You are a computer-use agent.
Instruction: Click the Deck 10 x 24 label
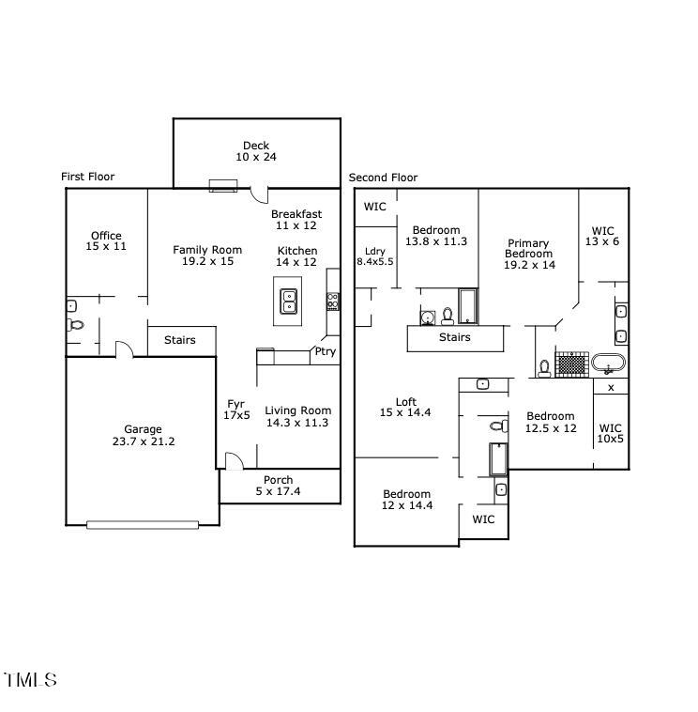[256, 151]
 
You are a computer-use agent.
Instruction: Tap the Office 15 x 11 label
[106, 240]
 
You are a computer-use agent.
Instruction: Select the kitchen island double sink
[289, 301]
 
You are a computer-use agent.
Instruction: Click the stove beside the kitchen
[333, 302]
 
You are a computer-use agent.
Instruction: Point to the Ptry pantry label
[325, 352]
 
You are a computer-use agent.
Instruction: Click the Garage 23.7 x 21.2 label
[143, 435]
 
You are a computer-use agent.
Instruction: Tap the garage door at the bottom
[143, 524]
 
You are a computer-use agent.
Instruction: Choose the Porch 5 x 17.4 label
[278, 486]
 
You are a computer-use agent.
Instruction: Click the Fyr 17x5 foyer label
[236, 410]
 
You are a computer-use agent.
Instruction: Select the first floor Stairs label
[180, 340]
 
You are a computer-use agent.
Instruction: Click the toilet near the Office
[76, 325]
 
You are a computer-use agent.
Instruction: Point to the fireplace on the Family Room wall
[223, 185]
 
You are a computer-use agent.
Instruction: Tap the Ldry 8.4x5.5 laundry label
[375, 255]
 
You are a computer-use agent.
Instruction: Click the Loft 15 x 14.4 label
[405, 407]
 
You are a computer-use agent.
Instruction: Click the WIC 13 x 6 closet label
[603, 236]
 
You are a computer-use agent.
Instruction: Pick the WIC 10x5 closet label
[610, 433]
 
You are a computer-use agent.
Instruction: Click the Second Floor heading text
[383, 178]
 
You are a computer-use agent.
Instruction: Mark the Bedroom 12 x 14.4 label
[406, 500]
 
